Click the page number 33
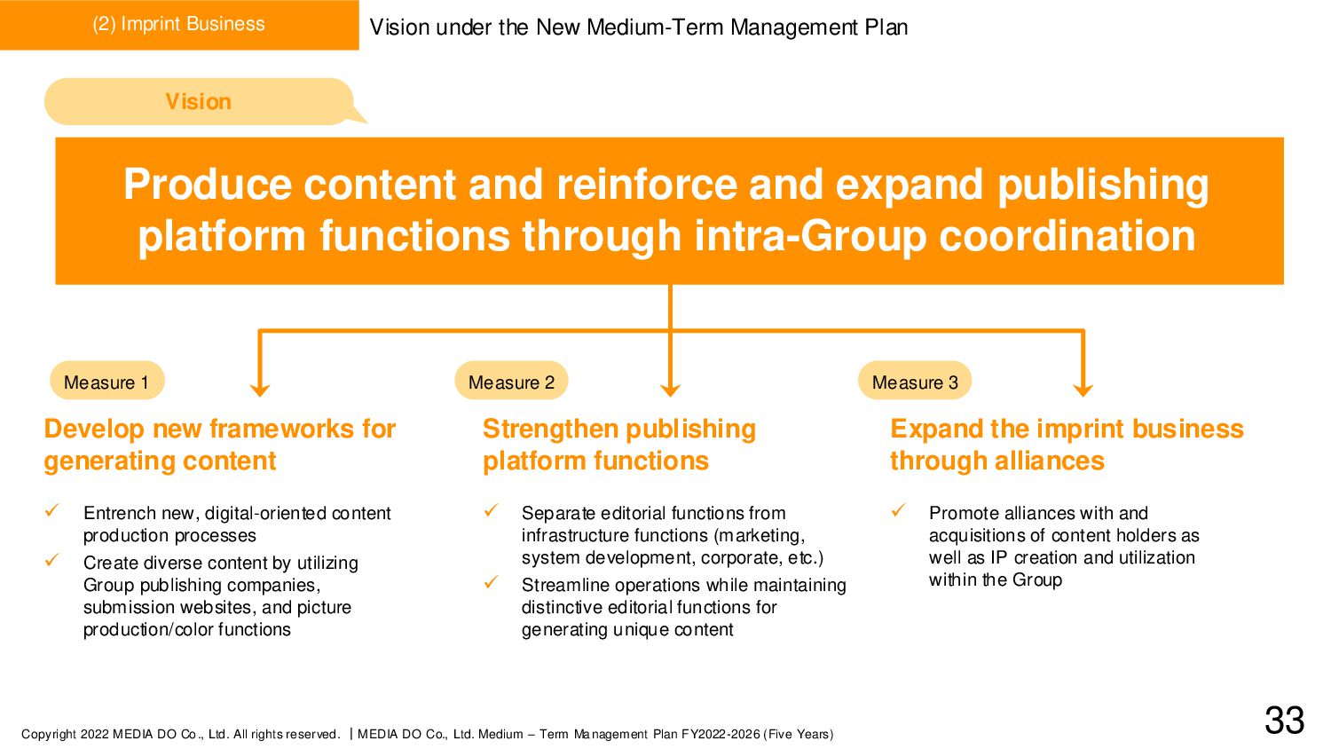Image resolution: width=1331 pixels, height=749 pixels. click(x=1284, y=721)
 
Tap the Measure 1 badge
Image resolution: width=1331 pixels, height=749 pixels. click(x=106, y=382)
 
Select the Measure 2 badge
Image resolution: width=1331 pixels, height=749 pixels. click(x=511, y=382)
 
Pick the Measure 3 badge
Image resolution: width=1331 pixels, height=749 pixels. click(x=915, y=382)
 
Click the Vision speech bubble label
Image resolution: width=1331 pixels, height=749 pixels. click(x=198, y=102)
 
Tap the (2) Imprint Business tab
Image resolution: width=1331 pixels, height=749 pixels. click(x=178, y=24)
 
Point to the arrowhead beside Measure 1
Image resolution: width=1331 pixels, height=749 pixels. click(x=259, y=389)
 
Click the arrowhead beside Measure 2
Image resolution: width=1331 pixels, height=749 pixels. click(x=671, y=389)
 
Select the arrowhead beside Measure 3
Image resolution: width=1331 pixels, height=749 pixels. click(x=1083, y=389)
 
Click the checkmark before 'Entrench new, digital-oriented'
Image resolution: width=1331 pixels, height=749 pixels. click(x=52, y=510)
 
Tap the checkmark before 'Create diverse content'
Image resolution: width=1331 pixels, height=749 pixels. click(x=52, y=560)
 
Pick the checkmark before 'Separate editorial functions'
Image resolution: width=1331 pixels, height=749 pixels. click(x=491, y=510)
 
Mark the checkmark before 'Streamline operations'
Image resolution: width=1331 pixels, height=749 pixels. click(x=491, y=582)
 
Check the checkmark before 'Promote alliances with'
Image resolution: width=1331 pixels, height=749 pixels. click(x=898, y=510)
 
